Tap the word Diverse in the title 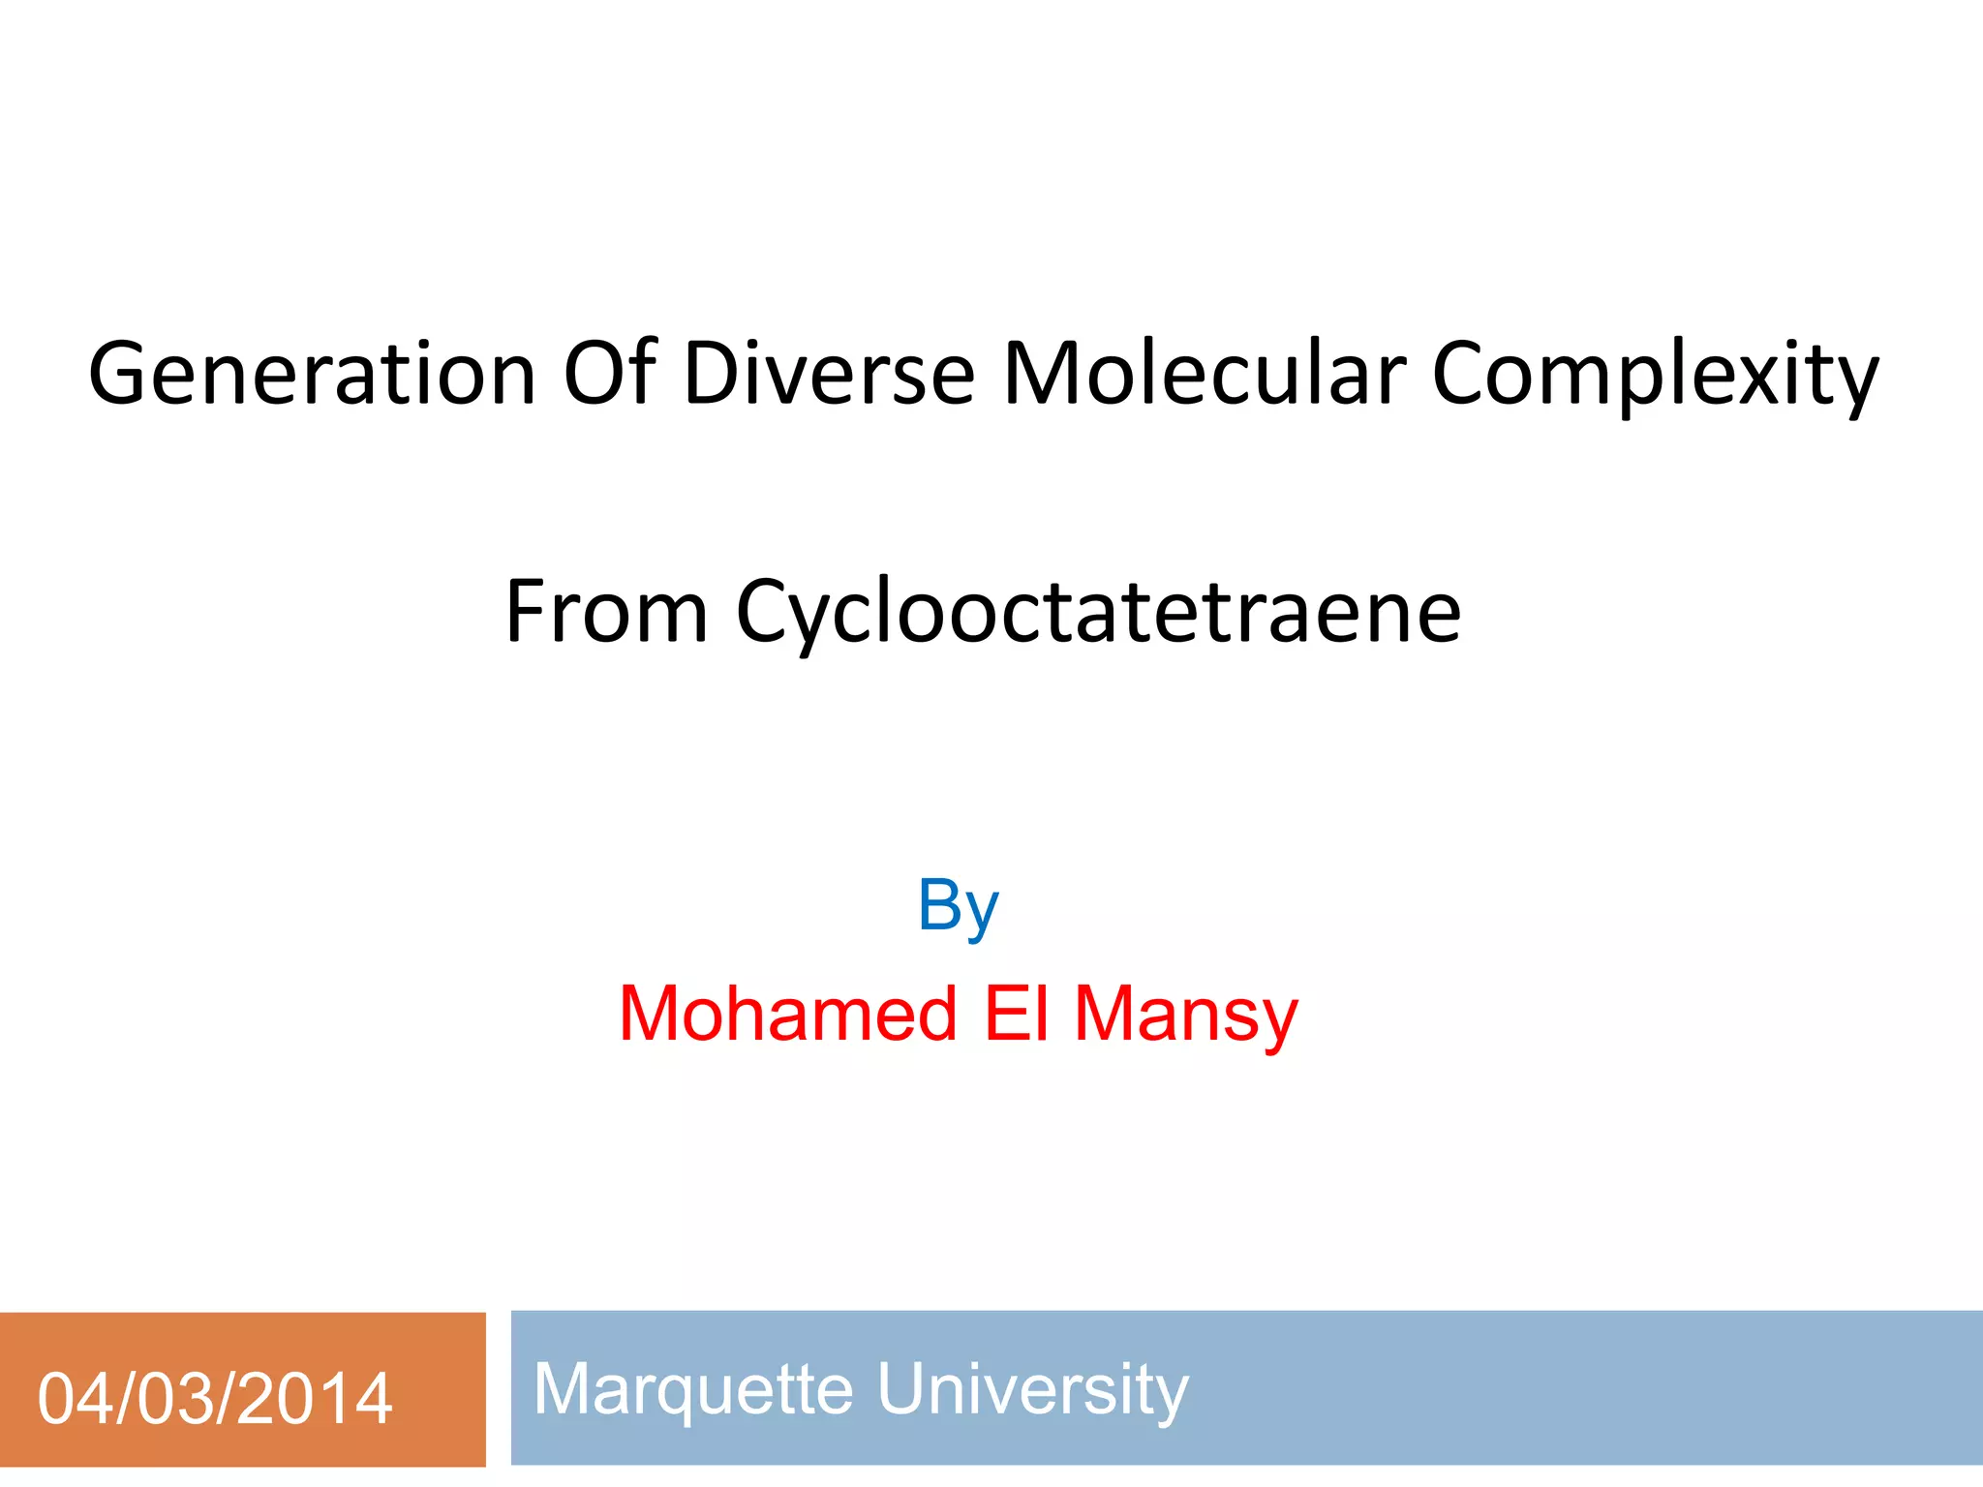coord(829,375)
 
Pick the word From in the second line coord(606,612)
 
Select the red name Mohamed coord(788,1014)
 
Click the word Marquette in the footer coord(693,1389)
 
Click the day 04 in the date coord(73,1399)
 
